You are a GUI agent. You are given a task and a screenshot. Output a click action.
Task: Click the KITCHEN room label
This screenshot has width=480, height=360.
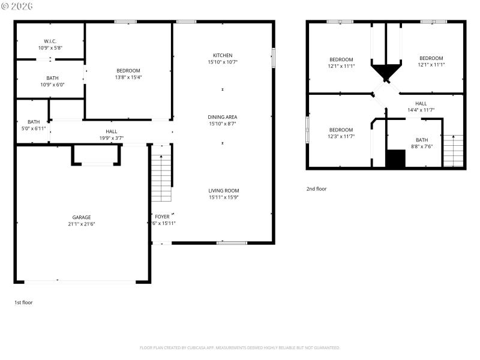[x=223, y=56]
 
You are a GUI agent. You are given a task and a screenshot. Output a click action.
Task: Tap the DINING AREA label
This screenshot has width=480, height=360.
[x=223, y=117]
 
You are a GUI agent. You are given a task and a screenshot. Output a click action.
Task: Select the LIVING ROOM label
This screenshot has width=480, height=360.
[x=223, y=190]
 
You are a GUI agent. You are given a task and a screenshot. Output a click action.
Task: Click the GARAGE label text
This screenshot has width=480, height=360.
[x=82, y=217]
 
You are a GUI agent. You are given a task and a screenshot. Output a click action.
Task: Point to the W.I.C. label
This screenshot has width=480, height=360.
[x=50, y=41]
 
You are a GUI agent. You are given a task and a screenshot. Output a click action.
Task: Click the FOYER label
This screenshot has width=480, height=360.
[x=162, y=216]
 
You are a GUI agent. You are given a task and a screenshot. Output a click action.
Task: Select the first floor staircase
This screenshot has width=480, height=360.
[x=161, y=178]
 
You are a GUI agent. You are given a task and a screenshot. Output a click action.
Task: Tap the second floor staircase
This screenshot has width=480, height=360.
[x=453, y=151]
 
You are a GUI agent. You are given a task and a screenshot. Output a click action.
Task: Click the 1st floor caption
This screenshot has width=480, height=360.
[x=23, y=302]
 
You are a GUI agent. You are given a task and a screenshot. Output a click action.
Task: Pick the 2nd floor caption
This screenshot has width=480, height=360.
[x=316, y=188]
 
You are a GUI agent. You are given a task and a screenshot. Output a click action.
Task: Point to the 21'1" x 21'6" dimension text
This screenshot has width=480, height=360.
[x=82, y=224]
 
